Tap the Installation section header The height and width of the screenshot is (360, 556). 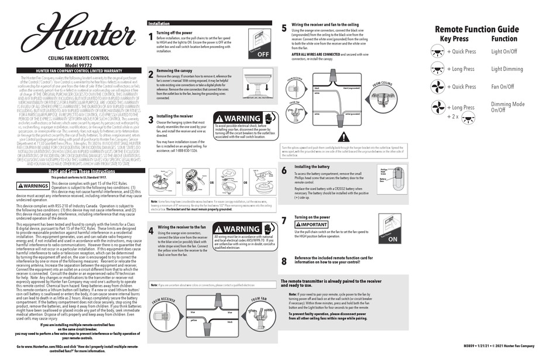click(x=159, y=24)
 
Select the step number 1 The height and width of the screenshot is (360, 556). click(x=150, y=37)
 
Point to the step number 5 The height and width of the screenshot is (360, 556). click(x=284, y=28)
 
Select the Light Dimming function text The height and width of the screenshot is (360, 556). click(x=507, y=69)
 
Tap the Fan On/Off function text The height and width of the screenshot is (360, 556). click(x=503, y=87)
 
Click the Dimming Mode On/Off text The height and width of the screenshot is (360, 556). click(x=507, y=107)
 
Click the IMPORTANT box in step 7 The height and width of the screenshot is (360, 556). click(x=314, y=225)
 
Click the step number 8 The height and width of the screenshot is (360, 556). click(x=284, y=260)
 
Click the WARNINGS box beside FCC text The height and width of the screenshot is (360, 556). click(x=33, y=186)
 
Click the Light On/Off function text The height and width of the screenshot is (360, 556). click(x=504, y=52)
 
